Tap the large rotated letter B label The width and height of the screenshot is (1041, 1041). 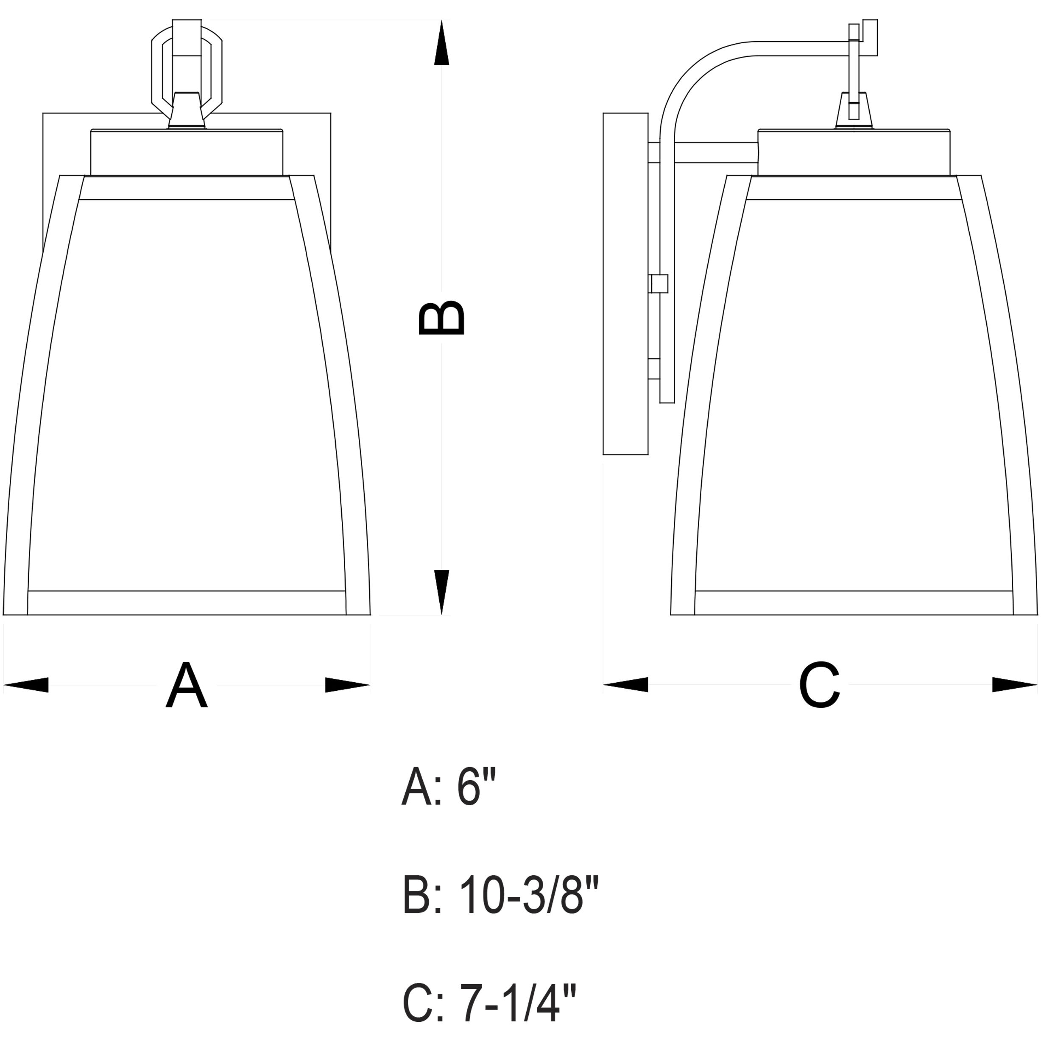tap(441, 318)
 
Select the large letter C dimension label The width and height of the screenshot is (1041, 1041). tap(819, 685)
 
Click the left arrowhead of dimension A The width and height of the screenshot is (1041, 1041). tap(26, 685)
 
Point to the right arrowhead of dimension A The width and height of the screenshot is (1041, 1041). tap(348, 685)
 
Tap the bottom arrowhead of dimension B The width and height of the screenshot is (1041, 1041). tap(441, 592)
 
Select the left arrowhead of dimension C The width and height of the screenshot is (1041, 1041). tap(625, 684)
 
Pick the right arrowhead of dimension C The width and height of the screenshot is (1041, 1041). tap(1015, 684)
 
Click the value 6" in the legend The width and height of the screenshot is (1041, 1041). tap(476, 787)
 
